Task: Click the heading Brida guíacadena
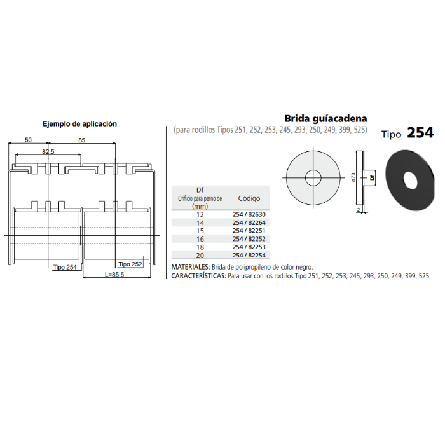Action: pos(325,118)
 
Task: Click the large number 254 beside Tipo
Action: pos(420,133)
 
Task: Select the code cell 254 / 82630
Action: pos(249,214)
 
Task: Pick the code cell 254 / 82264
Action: pos(249,222)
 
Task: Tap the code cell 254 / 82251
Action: pos(249,231)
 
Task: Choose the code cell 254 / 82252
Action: pos(249,239)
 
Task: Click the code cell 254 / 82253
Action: pos(249,247)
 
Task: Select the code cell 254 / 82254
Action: pos(249,255)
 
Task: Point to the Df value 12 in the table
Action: pos(200,215)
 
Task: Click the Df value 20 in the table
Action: pos(200,256)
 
